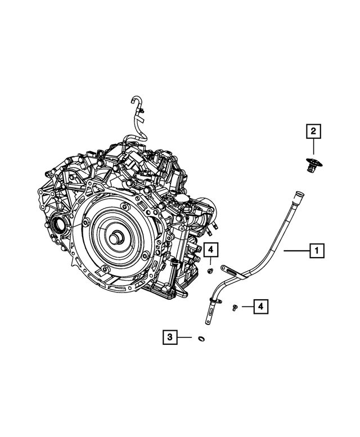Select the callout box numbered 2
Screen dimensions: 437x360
(x=313, y=132)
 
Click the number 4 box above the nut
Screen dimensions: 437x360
(x=210, y=249)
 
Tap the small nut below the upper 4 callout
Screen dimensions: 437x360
(x=209, y=271)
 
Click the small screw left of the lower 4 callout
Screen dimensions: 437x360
(x=234, y=307)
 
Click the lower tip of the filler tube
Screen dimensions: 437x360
(x=206, y=322)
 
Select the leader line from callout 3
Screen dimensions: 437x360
(x=185, y=337)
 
